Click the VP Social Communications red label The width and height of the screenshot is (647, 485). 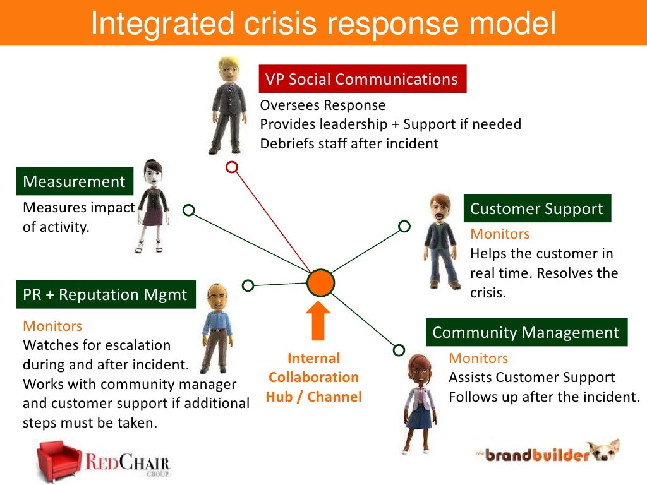coord(361,79)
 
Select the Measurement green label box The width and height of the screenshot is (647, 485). coord(75,182)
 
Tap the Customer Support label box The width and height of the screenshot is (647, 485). coord(537,208)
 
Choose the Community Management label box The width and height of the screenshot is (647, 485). coord(526,332)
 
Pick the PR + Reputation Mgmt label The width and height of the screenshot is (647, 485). coord(106,295)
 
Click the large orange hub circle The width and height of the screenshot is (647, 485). coord(320,283)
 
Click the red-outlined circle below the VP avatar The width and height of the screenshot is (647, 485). coord(232,167)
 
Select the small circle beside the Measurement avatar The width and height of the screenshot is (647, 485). coord(188,210)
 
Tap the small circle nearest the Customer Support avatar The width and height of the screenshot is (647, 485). coord(404,226)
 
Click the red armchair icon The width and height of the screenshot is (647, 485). coord(59,459)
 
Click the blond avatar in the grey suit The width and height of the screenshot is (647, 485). coord(227,104)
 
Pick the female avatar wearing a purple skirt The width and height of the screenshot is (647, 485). coord(152,205)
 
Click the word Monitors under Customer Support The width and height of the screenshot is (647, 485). coord(500,234)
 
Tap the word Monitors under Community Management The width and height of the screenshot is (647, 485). coord(478,359)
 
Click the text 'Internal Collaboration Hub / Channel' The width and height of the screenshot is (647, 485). coord(313,378)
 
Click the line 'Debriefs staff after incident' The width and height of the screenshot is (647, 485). coord(349,143)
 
